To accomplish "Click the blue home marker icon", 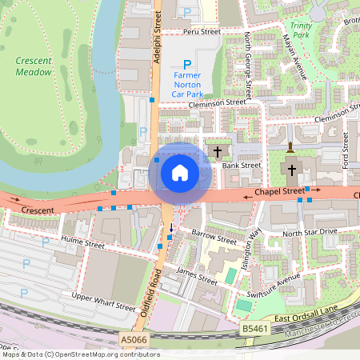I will click(179, 172).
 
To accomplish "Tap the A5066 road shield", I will click(134, 340).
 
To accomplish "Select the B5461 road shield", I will click(254, 328).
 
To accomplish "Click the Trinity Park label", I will click(301, 30).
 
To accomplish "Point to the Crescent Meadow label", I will click(34, 66).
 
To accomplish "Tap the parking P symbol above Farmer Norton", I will click(188, 64).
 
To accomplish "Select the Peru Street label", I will click(201, 32).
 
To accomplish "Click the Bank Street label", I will click(242, 166).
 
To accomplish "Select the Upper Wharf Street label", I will click(104, 302).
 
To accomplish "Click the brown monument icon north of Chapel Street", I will click(290, 147).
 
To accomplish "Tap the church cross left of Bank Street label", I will click(218, 151).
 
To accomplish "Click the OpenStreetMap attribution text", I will click(80, 354).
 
